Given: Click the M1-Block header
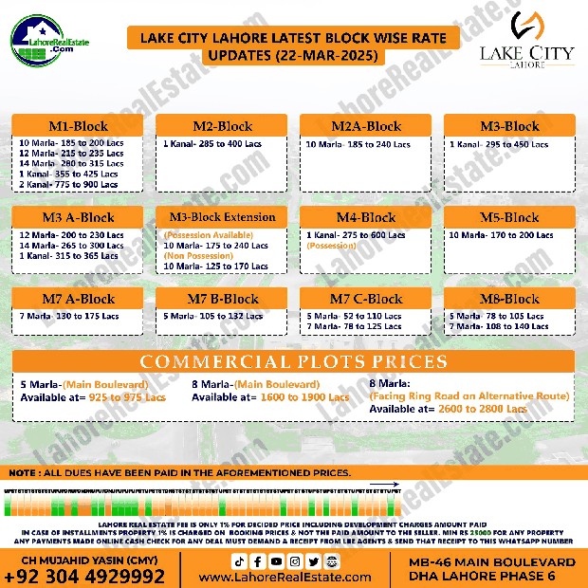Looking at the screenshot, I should point(78,126).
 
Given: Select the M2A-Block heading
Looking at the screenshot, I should point(366,126).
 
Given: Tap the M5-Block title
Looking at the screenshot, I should point(509,217).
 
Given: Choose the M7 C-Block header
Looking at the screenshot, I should point(366,299).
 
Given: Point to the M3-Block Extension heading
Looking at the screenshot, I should point(222,217).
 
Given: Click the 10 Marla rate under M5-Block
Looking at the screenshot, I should point(501,234).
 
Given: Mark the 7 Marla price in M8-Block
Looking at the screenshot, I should point(501,326).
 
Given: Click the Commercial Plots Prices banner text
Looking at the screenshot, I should point(293,362).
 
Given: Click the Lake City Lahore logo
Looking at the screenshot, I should point(539,40).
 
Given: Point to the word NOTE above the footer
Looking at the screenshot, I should point(26,472).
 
